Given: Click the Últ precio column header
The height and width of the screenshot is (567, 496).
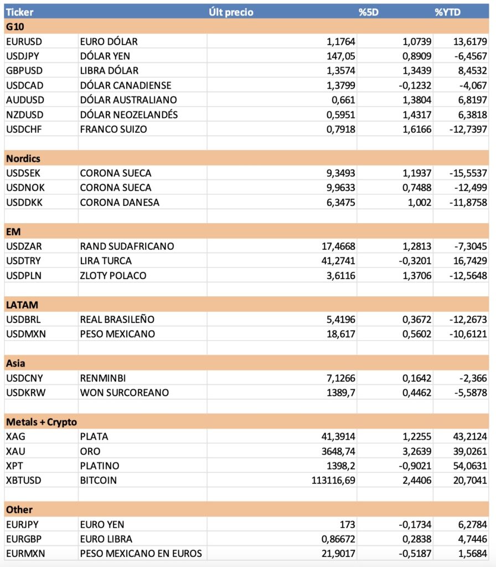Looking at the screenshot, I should coord(231,12).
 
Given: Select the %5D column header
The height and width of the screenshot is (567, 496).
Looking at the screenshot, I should coord(368,12).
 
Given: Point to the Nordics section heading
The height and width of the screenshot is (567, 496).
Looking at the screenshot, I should coord(23,158).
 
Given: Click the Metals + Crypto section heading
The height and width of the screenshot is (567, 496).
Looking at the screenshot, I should coord(42,422).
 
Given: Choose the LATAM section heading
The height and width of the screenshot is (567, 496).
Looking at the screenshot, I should coord(21,305).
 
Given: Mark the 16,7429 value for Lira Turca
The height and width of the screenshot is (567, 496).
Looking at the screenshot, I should coord(469,261).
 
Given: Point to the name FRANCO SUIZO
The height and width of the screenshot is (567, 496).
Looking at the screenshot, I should coord(115,129).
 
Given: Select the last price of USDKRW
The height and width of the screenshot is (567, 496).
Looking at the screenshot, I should coord(340,393).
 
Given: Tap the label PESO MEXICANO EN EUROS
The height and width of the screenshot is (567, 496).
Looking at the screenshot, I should coord(141,553).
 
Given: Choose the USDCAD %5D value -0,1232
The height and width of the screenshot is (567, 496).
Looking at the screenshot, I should coord(414,85).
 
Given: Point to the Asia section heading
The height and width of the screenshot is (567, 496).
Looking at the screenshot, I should coord(15,363).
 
